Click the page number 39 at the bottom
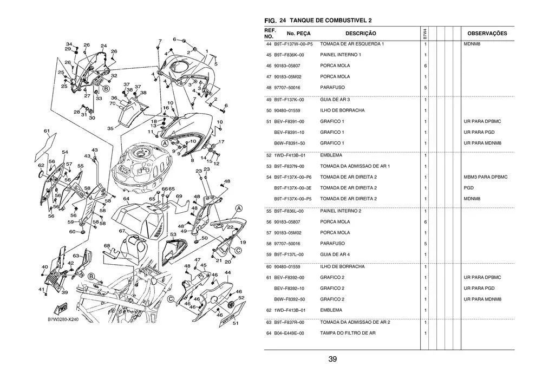332,359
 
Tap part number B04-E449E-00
289,333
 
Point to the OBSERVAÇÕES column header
487,34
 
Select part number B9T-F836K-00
289,55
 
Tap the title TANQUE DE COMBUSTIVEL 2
331,20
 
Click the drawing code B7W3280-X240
63,319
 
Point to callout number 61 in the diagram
47,131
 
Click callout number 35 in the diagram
110,129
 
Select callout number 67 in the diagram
122,231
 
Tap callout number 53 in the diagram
173,234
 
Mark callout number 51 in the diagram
236,324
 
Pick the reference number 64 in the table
269,333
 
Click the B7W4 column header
425,34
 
